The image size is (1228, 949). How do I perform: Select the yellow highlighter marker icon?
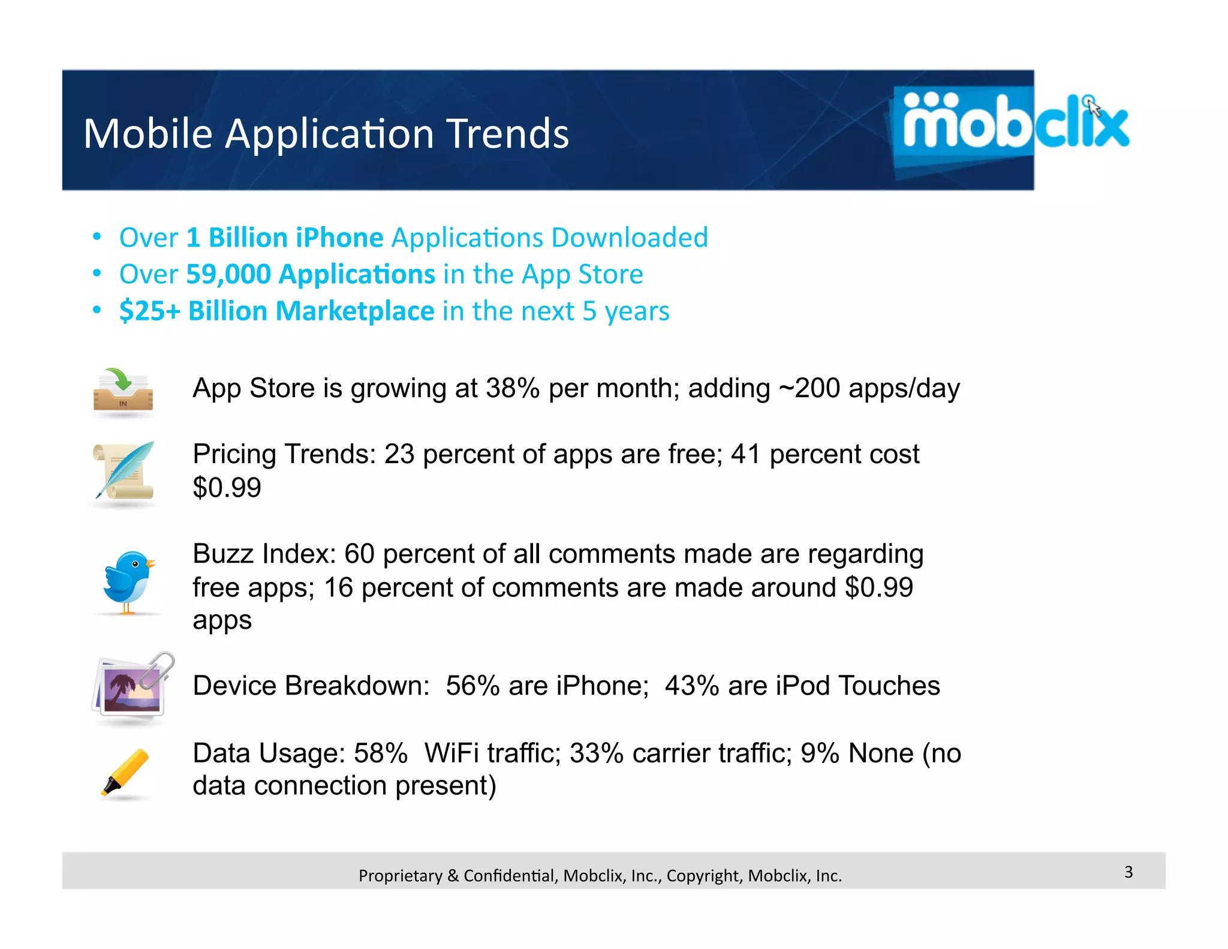click(x=125, y=772)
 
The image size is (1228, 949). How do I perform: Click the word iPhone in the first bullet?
click(x=339, y=238)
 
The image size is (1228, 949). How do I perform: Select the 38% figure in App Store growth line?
click(x=513, y=388)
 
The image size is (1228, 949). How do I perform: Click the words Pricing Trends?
click(x=284, y=454)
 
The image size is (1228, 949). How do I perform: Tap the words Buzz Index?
click(x=264, y=554)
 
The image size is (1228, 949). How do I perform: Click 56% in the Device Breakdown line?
click(x=472, y=686)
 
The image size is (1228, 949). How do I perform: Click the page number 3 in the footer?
click(x=1128, y=872)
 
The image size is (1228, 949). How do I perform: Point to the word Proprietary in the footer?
click(x=400, y=876)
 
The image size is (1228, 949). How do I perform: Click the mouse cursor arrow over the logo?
click(x=1094, y=108)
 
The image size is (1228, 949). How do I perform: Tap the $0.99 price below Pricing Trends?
click(x=227, y=487)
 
